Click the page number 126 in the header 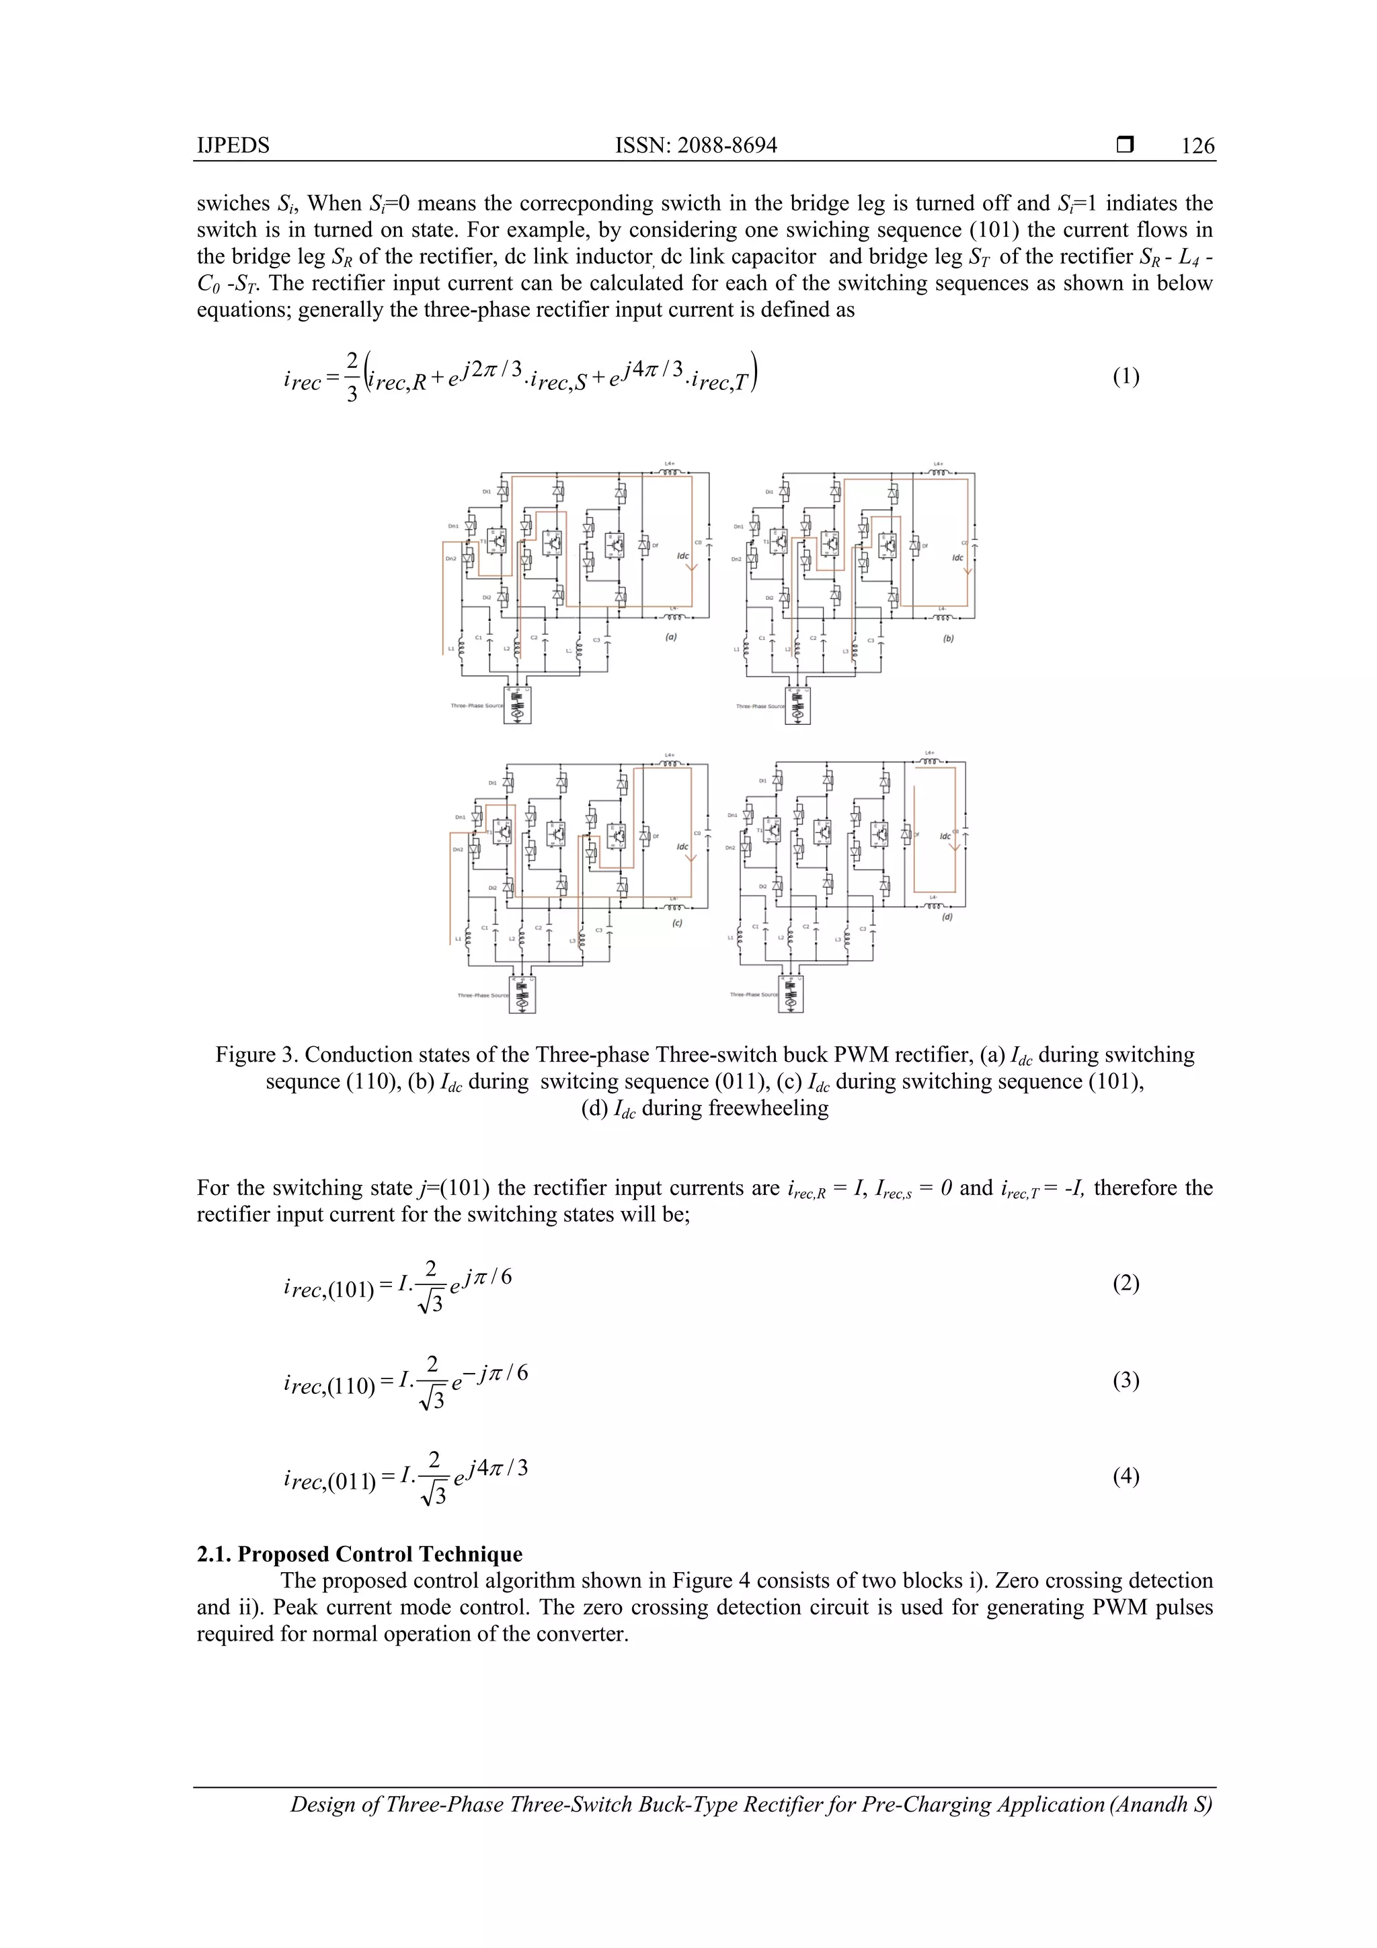[x=1197, y=146]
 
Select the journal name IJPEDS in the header [x=233, y=146]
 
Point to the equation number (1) [x=1126, y=377]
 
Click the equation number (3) [x=1126, y=1380]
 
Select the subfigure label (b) [x=949, y=638]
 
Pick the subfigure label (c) [x=677, y=923]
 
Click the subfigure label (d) [x=947, y=917]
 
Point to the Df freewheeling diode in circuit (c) [x=645, y=836]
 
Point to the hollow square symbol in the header [x=1125, y=145]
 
